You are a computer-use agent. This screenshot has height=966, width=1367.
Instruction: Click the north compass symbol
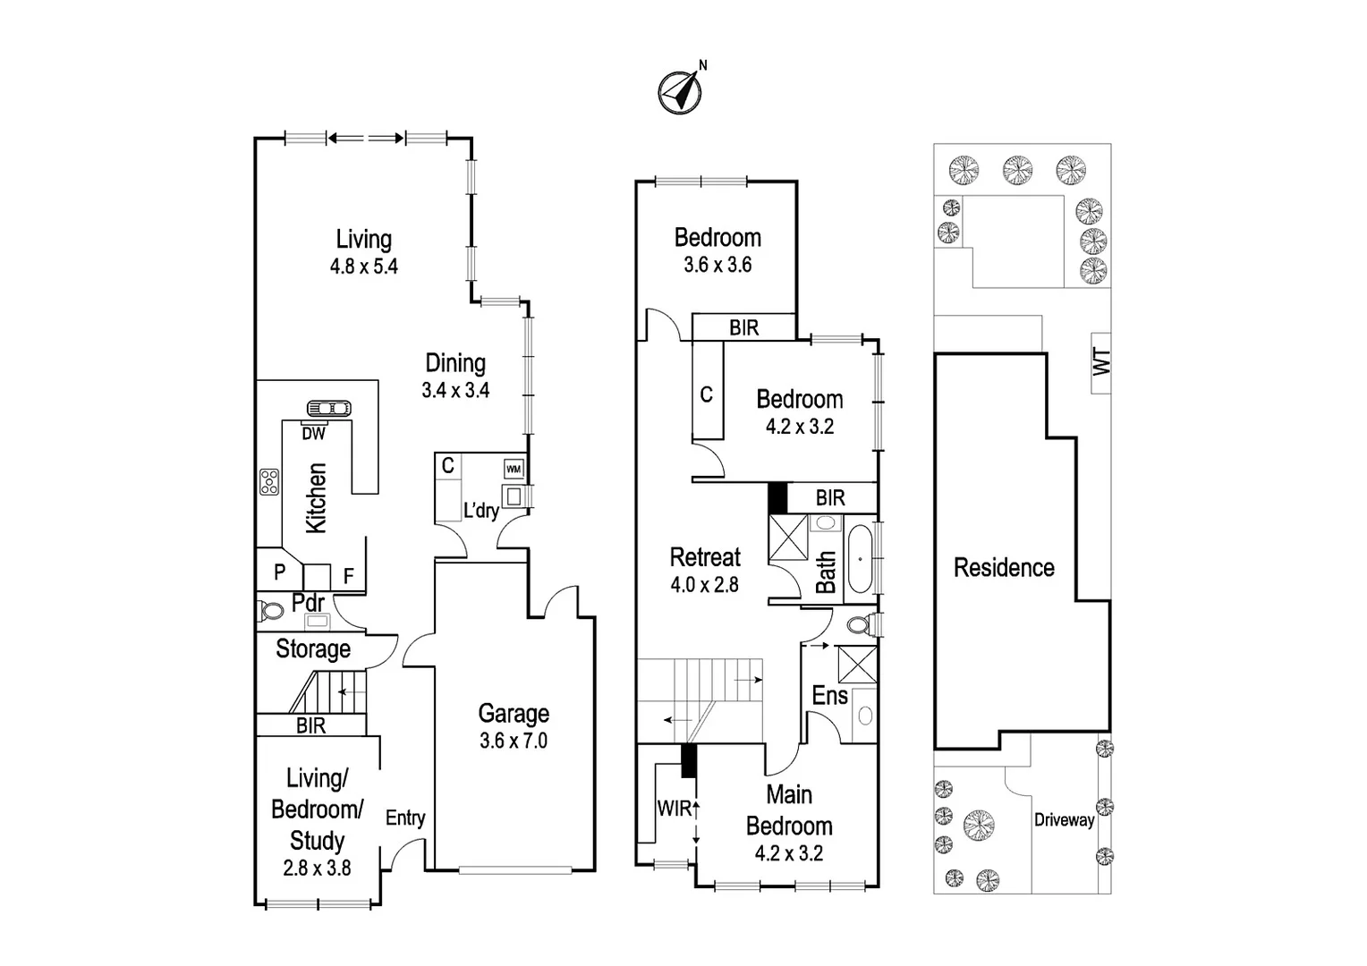point(681,90)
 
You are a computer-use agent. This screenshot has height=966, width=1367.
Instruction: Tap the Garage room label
point(514,714)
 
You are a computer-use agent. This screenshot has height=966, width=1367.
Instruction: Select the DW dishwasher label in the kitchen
point(313,434)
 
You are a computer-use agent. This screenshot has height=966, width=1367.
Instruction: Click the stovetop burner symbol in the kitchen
point(269,482)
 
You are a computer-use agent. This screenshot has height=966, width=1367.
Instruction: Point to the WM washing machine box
point(514,469)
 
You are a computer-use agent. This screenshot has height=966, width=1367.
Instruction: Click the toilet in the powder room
point(270,613)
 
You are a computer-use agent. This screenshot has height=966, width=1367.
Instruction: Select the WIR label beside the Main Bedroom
point(674,809)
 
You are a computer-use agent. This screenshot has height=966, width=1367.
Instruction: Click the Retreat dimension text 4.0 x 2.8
point(705,585)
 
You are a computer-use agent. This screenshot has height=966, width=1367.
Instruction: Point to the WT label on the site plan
point(1101,362)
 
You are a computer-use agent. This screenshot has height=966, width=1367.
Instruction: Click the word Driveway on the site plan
point(1064,820)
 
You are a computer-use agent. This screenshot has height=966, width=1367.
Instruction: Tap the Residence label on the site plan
point(1004,568)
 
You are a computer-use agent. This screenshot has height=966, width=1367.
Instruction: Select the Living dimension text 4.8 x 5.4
point(364,267)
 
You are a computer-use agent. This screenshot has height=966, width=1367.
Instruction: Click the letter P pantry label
point(280,573)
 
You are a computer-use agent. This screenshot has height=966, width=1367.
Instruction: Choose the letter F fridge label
point(349,577)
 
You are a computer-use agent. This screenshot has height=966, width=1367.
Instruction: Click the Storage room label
point(313,649)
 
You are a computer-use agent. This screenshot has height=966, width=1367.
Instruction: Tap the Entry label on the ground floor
point(405,818)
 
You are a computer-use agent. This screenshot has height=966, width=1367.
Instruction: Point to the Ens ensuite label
point(829,695)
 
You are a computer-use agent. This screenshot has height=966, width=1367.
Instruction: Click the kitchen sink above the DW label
point(328,409)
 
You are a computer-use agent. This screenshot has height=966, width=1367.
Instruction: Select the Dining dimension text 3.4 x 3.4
point(455,391)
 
